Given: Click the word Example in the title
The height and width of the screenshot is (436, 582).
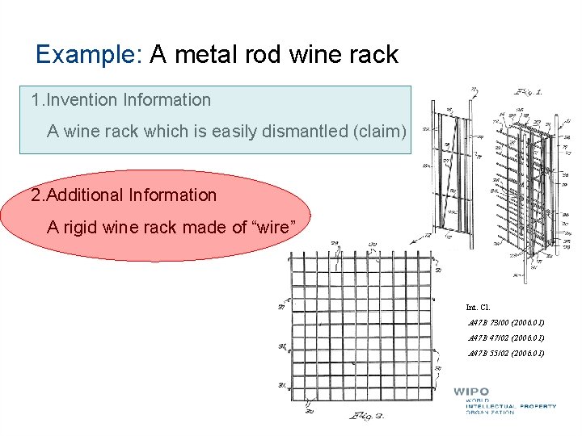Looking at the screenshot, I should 88,55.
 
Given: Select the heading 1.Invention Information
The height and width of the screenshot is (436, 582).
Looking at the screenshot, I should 120,100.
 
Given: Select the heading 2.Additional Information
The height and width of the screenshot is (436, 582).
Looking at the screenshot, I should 124,195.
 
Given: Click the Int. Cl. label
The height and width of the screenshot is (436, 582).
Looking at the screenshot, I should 478,307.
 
